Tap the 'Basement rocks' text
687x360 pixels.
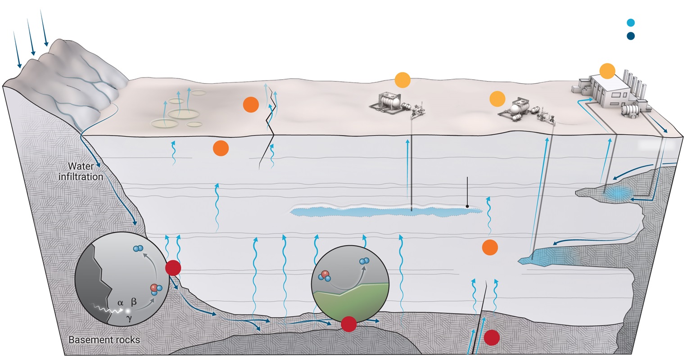click(x=104, y=340)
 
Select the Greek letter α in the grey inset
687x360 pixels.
click(x=120, y=302)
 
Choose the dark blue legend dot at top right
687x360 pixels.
click(x=631, y=37)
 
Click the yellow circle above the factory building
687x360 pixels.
click(x=607, y=71)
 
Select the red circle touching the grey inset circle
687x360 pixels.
click(x=173, y=268)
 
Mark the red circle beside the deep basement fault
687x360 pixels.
click(x=492, y=337)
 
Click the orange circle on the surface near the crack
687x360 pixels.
click(x=251, y=105)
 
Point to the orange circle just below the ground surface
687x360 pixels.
click(x=221, y=148)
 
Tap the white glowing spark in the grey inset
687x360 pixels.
click(x=128, y=310)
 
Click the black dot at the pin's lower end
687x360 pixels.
click(x=468, y=206)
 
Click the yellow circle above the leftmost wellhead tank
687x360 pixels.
click(x=402, y=80)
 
